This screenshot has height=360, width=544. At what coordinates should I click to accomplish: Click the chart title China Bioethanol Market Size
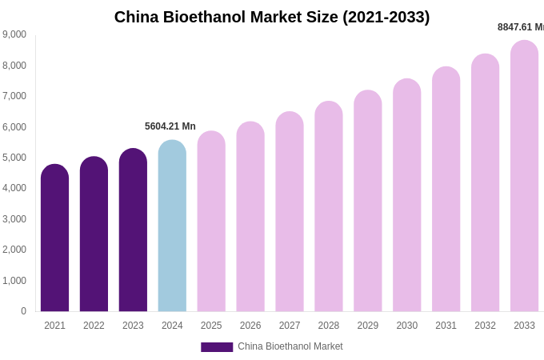[x=272, y=17]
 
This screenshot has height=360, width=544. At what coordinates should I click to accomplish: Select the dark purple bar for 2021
[x=54, y=240]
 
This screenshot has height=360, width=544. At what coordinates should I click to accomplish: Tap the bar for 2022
[x=94, y=236]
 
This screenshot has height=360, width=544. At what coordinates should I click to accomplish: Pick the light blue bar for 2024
[x=172, y=228]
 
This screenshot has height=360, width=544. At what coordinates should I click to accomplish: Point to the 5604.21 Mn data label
[x=170, y=126]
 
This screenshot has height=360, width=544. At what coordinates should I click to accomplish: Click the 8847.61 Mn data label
[x=521, y=27]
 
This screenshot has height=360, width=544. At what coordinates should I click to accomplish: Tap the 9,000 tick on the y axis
[x=14, y=34]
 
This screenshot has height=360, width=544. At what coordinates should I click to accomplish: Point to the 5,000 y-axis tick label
[x=14, y=158]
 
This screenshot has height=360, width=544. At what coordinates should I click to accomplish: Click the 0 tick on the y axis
[x=23, y=311]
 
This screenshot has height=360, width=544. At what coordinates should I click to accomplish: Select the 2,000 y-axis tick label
[x=14, y=250]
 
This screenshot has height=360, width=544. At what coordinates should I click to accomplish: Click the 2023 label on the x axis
[x=133, y=326]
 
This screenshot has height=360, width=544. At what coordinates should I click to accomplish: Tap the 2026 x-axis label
[x=250, y=326]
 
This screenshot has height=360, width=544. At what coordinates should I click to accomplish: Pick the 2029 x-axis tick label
[x=368, y=326]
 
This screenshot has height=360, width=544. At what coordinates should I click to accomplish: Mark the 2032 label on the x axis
[x=485, y=326]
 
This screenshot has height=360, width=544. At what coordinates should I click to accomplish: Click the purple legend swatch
[x=217, y=347]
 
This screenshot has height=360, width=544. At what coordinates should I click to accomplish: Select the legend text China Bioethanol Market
[x=290, y=346]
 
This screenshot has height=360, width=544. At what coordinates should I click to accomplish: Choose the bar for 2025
[x=211, y=223]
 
